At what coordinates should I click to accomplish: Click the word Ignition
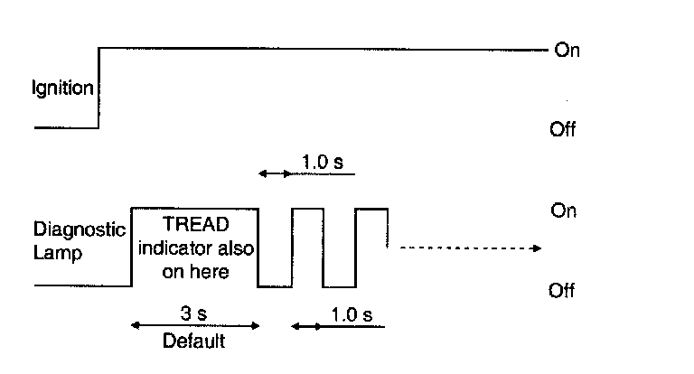(63, 89)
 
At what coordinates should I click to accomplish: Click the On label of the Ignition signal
(567, 51)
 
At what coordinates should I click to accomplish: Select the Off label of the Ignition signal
(562, 130)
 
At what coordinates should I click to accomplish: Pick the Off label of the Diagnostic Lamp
(562, 291)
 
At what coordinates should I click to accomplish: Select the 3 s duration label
(194, 313)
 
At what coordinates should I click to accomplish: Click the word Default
(193, 341)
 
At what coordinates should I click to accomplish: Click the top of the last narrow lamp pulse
(371, 209)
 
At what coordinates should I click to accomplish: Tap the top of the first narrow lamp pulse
(307, 209)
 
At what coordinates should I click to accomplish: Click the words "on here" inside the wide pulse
(194, 270)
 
